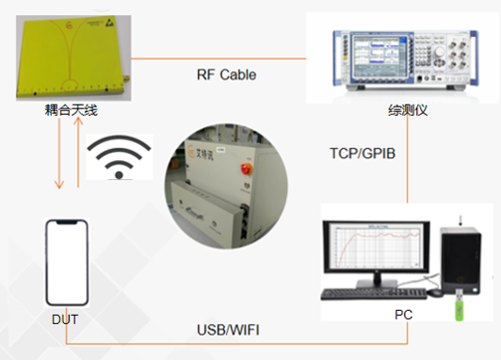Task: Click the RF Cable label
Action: [227, 74]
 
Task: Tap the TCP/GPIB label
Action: [363, 154]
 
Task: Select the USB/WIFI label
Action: [228, 330]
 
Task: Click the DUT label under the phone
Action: [65, 319]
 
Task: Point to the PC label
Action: [404, 315]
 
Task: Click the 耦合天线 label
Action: [71, 110]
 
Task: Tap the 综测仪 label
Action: [408, 110]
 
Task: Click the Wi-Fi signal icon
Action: [120, 156]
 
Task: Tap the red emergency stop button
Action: [247, 169]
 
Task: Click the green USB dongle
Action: [460, 305]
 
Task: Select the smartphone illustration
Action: [67, 262]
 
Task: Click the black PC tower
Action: [461, 260]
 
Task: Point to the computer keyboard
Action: [374, 294]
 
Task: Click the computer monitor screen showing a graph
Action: [377, 246]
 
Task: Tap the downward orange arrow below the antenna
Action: [59, 154]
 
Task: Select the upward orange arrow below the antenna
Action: [78, 152]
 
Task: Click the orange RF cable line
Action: [218, 58]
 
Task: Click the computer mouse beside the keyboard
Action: [435, 292]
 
